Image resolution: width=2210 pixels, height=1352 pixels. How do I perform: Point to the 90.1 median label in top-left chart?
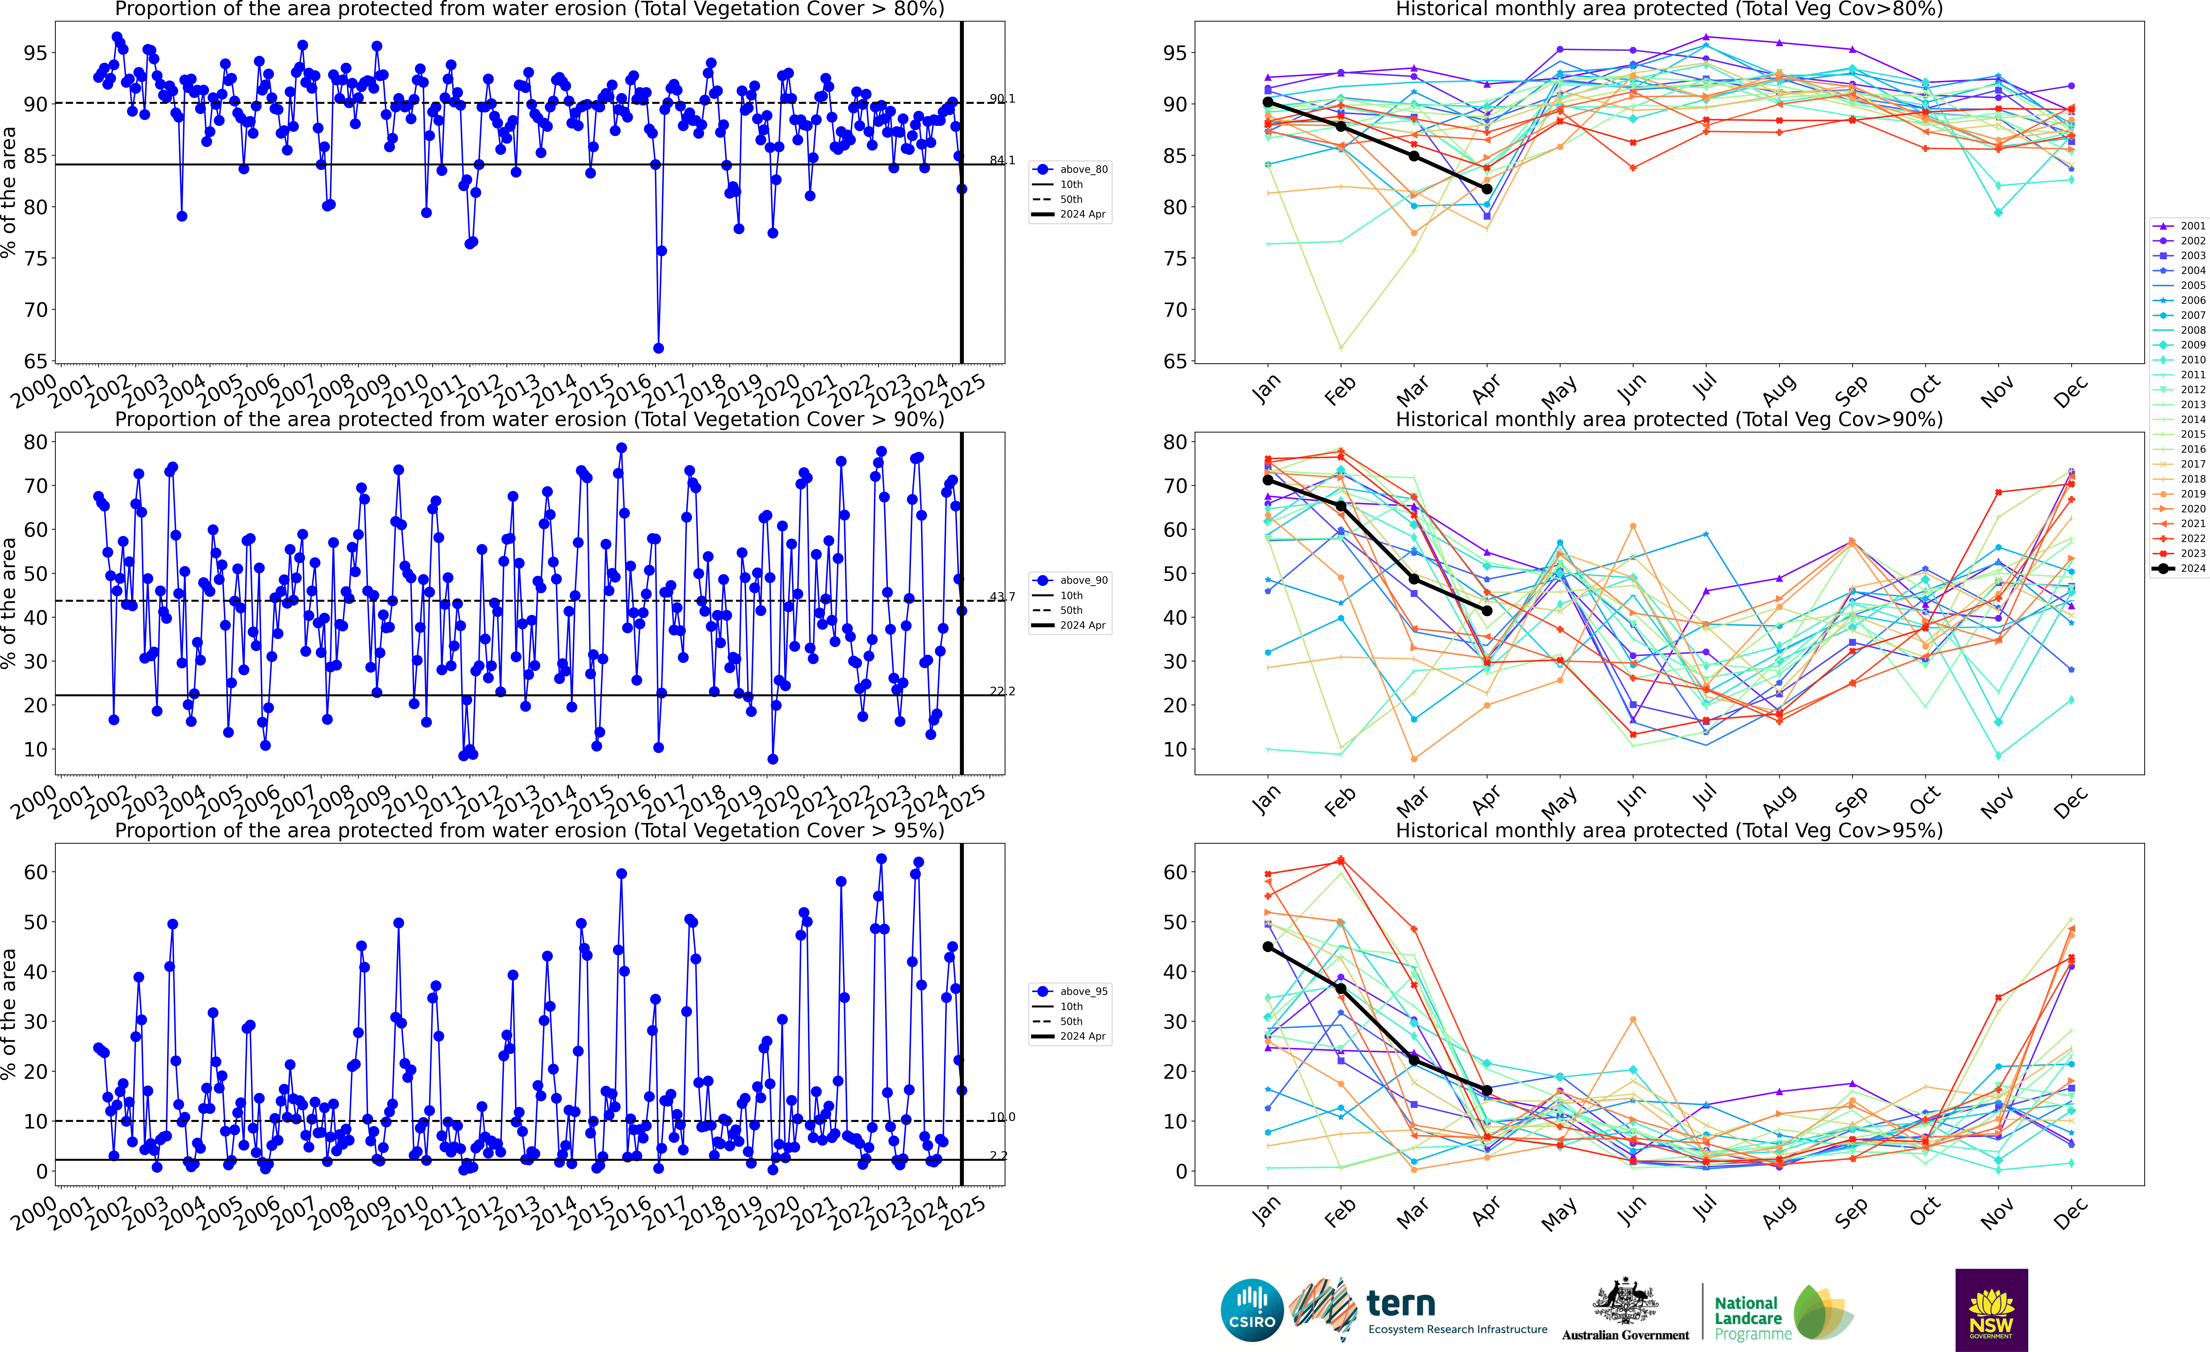point(1002,99)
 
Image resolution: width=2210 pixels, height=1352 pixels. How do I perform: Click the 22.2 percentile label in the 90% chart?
point(1002,691)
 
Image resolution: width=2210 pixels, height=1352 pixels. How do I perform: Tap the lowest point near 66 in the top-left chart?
point(658,348)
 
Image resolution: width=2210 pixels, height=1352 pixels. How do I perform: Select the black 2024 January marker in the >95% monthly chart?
point(1267,947)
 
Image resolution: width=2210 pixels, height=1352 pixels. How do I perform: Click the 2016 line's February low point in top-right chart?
point(1341,348)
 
